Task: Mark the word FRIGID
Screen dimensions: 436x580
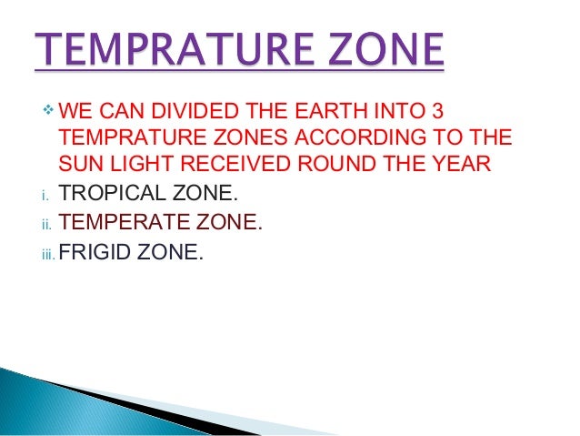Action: (x=95, y=247)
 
